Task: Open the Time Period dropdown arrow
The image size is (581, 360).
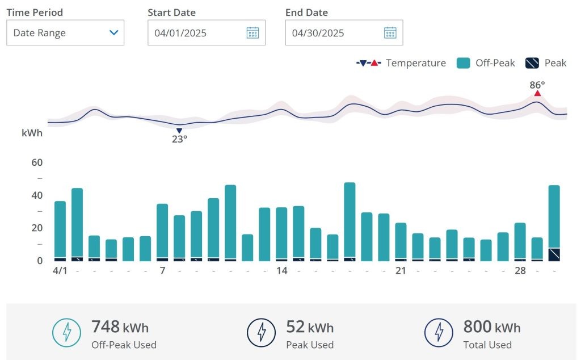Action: click(x=113, y=33)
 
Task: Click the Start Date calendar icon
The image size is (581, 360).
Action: click(x=252, y=33)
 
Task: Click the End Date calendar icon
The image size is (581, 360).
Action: click(x=390, y=33)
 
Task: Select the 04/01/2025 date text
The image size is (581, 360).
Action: click(x=180, y=33)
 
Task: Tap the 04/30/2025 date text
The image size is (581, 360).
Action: click(x=318, y=33)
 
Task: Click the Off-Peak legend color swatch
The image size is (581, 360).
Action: click(x=463, y=63)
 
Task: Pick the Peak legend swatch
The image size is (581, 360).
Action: click(x=532, y=63)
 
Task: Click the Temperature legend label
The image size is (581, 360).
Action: click(x=416, y=63)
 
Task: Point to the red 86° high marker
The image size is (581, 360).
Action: click(x=537, y=93)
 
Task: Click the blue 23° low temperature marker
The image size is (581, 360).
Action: click(x=179, y=131)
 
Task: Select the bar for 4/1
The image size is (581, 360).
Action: click(x=60, y=231)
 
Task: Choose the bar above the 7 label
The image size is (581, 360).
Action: click(x=162, y=232)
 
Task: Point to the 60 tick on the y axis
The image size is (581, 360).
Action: click(x=37, y=162)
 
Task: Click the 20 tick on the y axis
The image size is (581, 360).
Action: click(x=37, y=228)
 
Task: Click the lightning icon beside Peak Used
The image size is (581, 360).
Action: click(x=262, y=332)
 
